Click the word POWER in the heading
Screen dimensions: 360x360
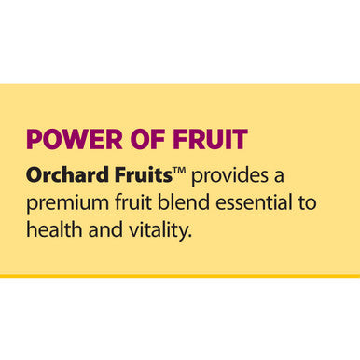(x=75, y=139)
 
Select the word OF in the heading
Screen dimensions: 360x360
(x=147, y=139)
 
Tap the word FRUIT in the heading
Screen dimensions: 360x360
(x=210, y=139)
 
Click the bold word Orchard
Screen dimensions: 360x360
(x=67, y=174)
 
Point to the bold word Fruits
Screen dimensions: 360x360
(x=144, y=174)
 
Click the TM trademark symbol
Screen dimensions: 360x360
(x=179, y=170)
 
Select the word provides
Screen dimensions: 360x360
(x=229, y=176)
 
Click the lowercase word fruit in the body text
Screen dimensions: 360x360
(x=133, y=202)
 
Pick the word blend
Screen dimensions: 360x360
(x=183, y=202)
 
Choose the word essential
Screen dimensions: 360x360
(x=254, y=202)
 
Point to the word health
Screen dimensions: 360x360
(x=54, y=229)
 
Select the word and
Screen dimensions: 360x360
(x=105, y=229)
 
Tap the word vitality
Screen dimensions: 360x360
(x=158, y=230)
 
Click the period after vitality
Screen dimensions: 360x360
(x=189, y=236)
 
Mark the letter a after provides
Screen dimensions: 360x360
(x=279, y=177)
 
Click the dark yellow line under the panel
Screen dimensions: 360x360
(x=180, y=276)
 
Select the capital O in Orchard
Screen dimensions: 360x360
(x=35, y=174)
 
